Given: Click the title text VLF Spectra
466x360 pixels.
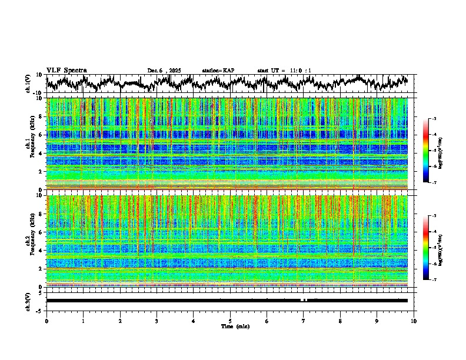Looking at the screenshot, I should pos(66,70).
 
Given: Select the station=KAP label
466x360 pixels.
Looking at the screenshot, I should pos(218,71).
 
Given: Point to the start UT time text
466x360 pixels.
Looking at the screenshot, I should pos(284,71).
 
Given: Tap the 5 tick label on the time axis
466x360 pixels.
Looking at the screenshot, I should pos(230,321).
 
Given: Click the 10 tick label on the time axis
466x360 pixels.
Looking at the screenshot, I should pos(414,321).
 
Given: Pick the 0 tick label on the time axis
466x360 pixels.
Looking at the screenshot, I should pos(46,321).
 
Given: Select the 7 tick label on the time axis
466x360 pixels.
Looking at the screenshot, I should pos(304,321).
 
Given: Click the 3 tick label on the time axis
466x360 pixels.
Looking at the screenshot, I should pos(157,321).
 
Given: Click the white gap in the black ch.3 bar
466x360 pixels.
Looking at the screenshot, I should pos(304,300).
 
